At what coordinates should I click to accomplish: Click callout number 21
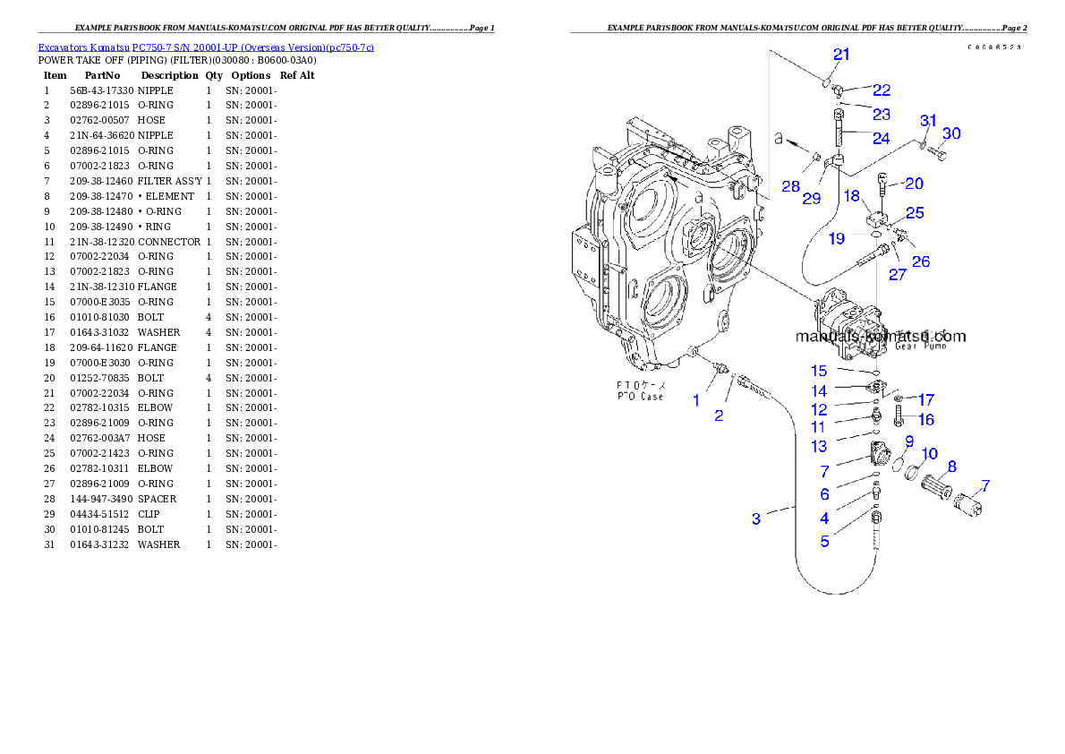coord(841,55)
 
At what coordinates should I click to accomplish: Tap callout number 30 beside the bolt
coord(951,133)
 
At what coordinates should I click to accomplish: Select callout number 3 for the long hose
coord(756,518)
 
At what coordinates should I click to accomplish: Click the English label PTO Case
coord(640,396)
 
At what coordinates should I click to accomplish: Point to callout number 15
coord(820,371)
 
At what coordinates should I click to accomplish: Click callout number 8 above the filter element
coord(952,467)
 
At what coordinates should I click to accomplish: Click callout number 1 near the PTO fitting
coord(696,400)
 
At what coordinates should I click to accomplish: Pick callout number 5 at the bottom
coord(824,541)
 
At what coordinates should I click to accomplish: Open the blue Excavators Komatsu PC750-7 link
coord(206,47)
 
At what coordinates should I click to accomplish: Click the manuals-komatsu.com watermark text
coord(881,338)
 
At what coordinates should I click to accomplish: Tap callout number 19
coord(836,238)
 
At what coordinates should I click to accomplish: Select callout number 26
coord(921,261)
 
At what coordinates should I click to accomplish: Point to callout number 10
coord(930,454)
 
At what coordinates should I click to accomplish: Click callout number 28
coord(790,185)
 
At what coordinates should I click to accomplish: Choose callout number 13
coord(820,446)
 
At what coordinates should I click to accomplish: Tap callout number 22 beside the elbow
coord(882,90)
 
